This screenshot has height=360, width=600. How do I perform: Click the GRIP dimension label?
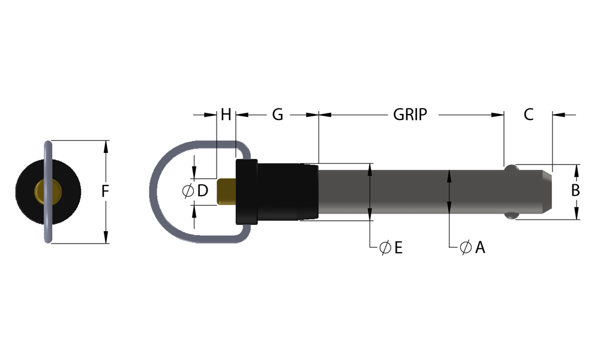tap(410, 115)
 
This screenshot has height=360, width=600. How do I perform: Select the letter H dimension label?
tap(226, 115)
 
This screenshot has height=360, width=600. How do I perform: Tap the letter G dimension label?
tap(277, 115)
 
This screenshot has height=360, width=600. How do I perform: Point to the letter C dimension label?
tap(529, 115)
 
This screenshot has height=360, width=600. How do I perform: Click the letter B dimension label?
tap(575, 190)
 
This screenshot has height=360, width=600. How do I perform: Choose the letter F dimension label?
tap(105, 191)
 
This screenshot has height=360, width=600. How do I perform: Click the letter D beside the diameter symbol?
tap(202, 190)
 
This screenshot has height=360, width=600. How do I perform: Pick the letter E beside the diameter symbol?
tap(398, 248)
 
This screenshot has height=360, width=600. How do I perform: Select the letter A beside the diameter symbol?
tap(480, 248)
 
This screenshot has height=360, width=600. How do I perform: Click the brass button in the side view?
tap(226, 191)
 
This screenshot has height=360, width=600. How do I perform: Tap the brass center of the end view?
tap(48, 191)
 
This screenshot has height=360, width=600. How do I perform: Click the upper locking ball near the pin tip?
tap(512, 169)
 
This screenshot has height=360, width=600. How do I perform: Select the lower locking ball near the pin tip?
tap(512, 216)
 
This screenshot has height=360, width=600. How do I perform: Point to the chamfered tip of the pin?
tap(548, 191)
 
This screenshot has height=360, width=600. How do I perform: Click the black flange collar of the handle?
tap(247, 191)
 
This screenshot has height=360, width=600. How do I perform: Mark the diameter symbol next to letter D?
tap(188, 191)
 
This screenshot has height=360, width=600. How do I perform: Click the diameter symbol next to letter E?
tap(385, 248)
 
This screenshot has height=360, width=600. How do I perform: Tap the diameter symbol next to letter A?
tap(466, 248)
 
